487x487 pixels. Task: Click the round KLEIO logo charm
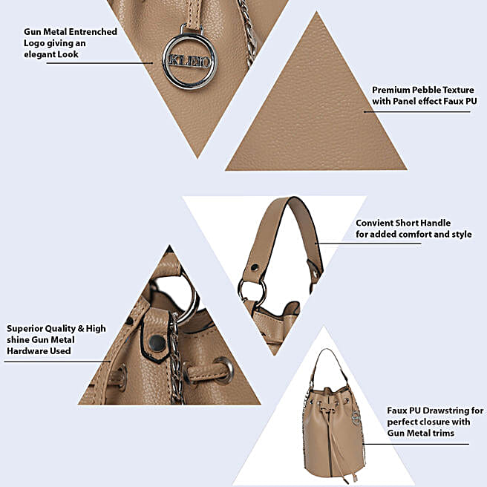[x=189, y=62]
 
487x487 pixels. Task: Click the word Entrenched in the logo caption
[x=93, y=32]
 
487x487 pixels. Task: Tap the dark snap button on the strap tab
[x=157, y=343]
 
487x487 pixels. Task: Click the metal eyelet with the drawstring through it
[x=223, y=370]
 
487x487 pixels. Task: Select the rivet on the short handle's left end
[x=255, y=267]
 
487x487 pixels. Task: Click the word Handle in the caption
[x=436, y=223]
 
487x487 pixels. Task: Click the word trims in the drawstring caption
[x=442, y=433]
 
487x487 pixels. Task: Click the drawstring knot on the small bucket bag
[x=328, y=411]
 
